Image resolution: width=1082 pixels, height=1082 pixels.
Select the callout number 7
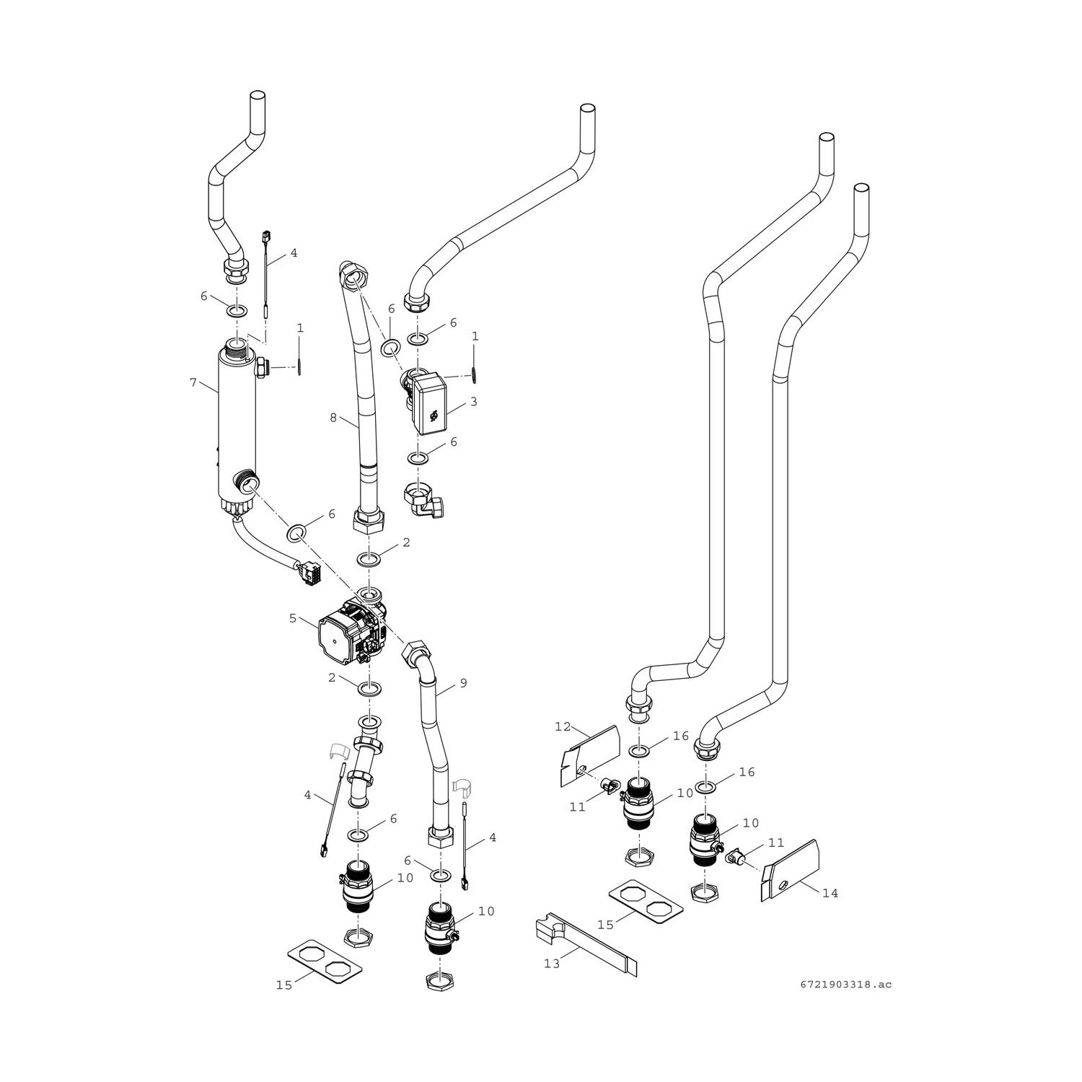[193, 382]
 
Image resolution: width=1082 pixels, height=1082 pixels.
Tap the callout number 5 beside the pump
[293, 617]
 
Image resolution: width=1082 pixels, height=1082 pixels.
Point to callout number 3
[473, 402]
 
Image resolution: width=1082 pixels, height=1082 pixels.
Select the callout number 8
[333, 417]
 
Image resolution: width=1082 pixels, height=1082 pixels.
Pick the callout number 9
[463, 683]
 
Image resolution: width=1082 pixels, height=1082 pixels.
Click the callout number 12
[563, 727]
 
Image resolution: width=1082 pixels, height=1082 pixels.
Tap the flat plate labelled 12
[589, 754]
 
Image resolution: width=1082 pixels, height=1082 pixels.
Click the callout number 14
[830, 893]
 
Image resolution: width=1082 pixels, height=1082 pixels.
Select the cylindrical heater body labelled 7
[237, 426]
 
